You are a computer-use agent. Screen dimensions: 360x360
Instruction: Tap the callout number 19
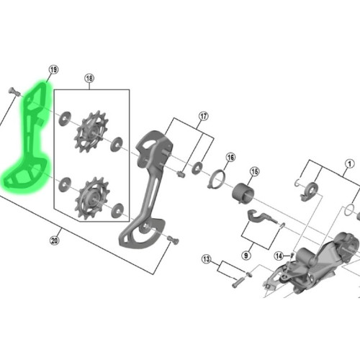click(53, 70)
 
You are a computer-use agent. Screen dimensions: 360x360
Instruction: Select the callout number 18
click(89, 78)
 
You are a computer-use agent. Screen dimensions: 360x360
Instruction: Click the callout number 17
click(204, 116)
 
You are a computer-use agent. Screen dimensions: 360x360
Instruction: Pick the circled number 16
click(230, 157)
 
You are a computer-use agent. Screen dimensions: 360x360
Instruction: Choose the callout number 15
click(254, 172)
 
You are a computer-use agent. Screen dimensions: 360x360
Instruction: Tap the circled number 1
click(349, 163)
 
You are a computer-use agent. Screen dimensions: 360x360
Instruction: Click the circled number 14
click(279, 254)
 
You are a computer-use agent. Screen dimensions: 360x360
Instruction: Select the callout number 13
click(206, 258)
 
